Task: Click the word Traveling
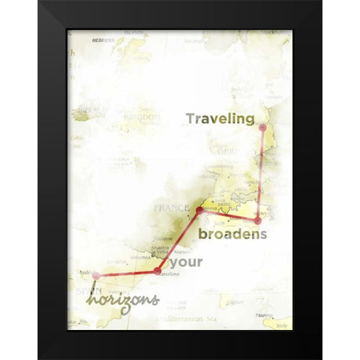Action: (220, 118)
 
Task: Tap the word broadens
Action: (233, 234)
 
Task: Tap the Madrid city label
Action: (85, 271)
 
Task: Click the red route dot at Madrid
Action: (95, 276)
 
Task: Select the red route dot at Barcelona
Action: (157, 271)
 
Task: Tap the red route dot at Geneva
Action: (199, 211)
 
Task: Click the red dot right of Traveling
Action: (262, 127)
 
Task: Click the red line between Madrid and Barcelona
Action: (126, 274)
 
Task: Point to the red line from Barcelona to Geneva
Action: (178, 240)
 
